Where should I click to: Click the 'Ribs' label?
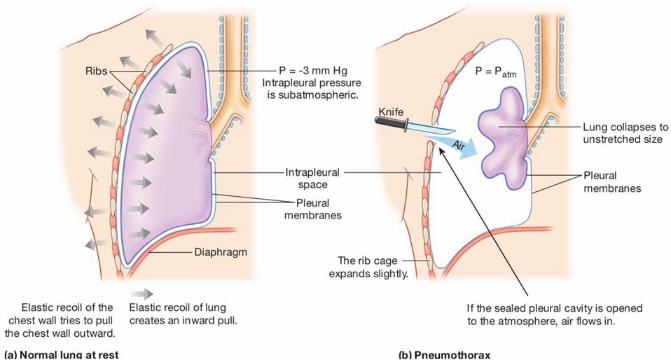[x=96, y=71]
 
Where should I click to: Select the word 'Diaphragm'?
[x=221, y=252]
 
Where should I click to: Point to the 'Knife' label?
[x=391, y=112]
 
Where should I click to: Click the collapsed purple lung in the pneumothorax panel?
[x=503, y=137]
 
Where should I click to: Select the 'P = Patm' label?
[x=496, y=71]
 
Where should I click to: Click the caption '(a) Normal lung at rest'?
[x=61, y=355]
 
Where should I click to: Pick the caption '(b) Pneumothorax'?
[x=444, y=355]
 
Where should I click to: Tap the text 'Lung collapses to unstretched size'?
[x=625, y=133]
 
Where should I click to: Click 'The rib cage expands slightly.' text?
[x=368, y=267]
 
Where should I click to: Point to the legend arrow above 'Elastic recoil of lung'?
[x=141, y=293]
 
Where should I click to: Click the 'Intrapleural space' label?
[x=312, y=179]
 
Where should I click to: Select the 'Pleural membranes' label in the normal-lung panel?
[x=313, y=209]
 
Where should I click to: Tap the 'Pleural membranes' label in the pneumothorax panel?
[x=612, y=182]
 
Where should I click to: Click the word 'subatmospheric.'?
[x=313, y=95]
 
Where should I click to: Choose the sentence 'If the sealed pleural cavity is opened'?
[x=555, y=308]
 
